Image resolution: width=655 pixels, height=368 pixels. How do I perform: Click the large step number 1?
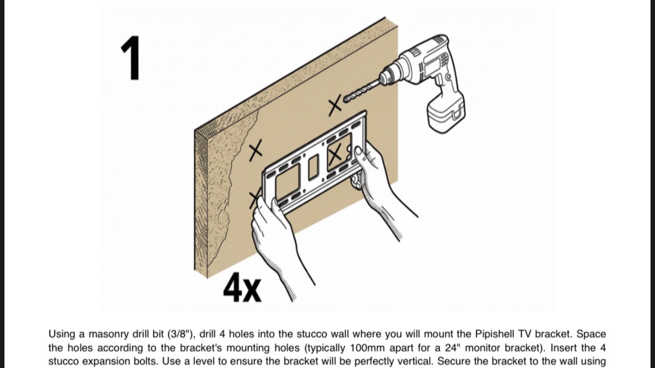pos(131,58)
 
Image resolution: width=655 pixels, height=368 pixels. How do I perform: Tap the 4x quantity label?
pos(242,288)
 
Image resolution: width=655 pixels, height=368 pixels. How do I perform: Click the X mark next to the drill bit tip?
pos(334,105)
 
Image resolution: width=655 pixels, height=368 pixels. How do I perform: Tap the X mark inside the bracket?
pos(334,155)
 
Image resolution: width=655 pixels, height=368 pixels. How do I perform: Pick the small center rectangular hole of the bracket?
pos(313,167)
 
